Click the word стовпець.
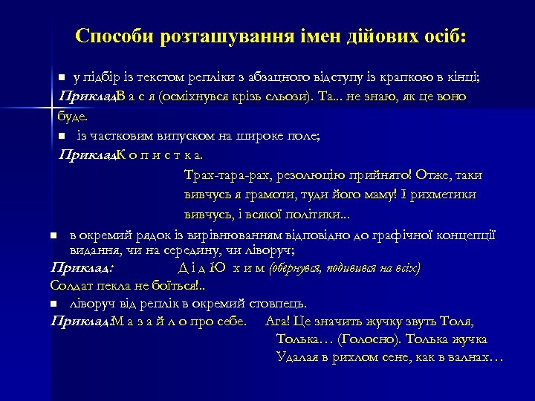click(277, 304)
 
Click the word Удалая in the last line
click(297, 358)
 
